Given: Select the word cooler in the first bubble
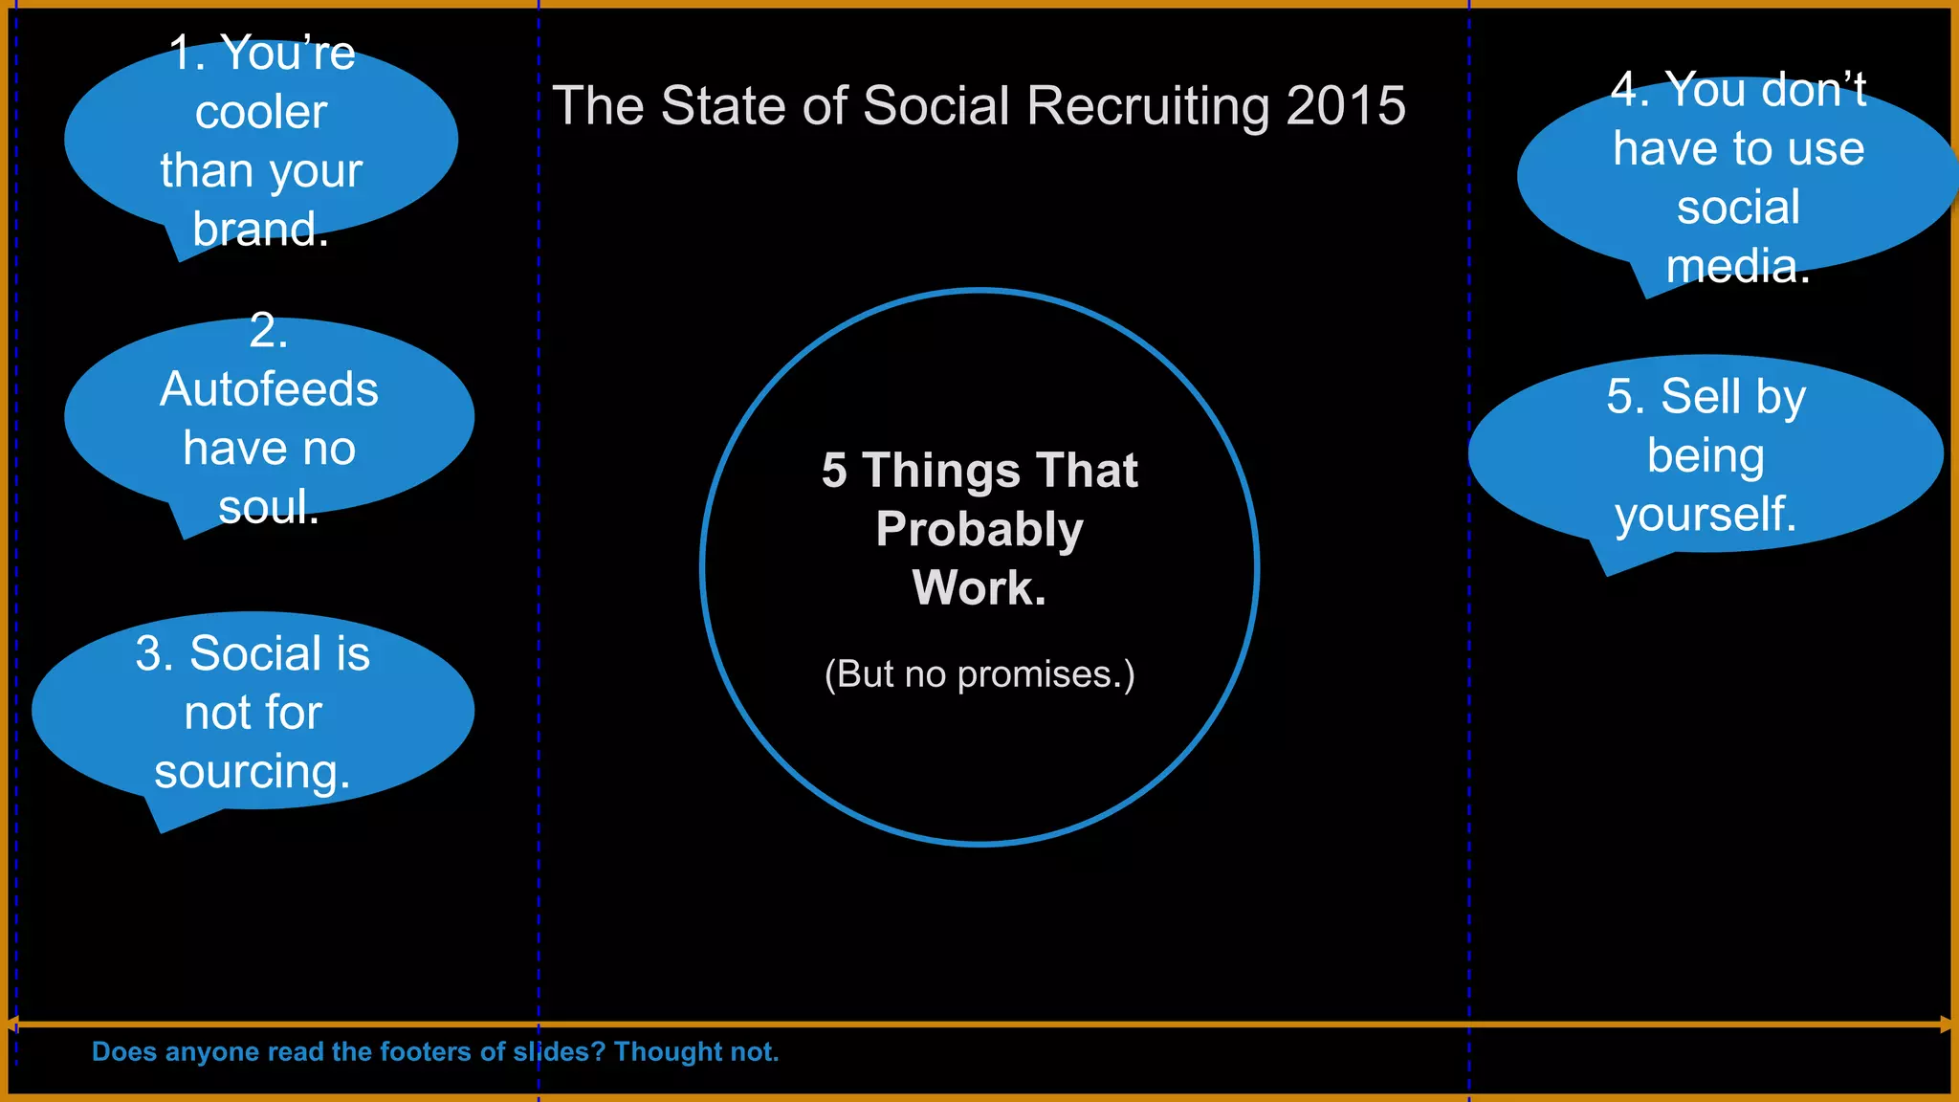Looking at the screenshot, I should point(261,113).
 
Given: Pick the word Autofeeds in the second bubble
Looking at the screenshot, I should point(269,389).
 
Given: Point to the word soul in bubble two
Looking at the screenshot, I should point(263,507).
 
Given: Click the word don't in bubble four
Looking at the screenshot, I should point(1813,90).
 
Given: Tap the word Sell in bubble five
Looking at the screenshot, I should point(1693,396).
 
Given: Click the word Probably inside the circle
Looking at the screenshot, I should point(979,529).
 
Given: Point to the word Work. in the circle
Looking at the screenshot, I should point(979,587).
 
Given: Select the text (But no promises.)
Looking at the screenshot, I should point(979,674).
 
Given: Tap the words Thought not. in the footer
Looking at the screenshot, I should point(696,1052).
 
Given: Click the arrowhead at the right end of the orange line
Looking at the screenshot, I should point(1946,1025).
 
